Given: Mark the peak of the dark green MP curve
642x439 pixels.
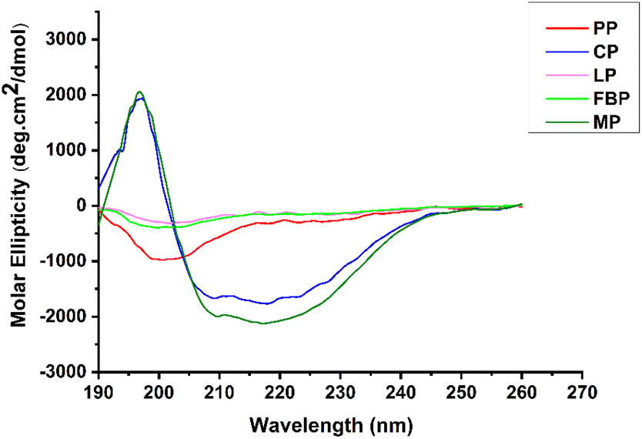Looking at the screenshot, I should pos(139,92).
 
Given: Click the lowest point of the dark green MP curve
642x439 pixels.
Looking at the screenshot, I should pos(263,323).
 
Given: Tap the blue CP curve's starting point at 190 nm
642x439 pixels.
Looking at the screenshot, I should pos(99,188).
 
